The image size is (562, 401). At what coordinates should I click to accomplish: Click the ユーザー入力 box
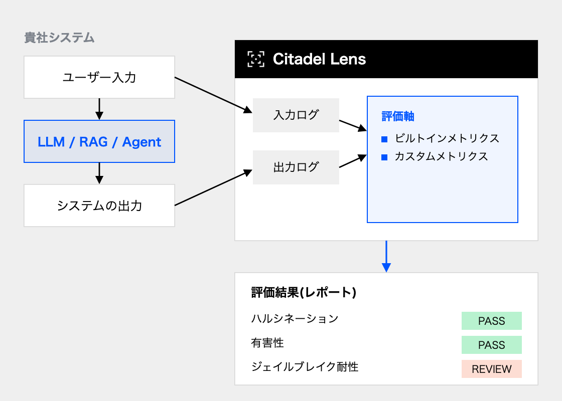tap(99, 77)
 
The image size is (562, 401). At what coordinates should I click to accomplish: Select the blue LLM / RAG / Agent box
tap(99, 141)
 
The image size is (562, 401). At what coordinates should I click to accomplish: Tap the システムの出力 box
tap(99, 206)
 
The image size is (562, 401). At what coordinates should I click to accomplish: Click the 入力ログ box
tap(296, 115)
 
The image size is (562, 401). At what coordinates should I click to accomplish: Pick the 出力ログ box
tap(296, 167)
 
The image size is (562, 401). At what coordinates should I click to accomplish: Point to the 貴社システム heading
tap(59, 38)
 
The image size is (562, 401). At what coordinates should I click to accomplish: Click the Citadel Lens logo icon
tap(256, 59)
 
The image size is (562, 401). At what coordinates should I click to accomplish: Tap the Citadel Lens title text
tap(319, 59)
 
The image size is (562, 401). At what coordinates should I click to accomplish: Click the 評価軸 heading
tap(398, 116)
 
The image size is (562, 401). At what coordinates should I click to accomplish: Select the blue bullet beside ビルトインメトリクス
tap(384, 139)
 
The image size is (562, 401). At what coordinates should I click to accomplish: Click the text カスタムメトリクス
tap(441, 156)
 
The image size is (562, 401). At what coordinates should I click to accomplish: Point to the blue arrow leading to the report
tap(386, 256)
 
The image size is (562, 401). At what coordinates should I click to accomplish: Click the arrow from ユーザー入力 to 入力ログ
tap(214, 95)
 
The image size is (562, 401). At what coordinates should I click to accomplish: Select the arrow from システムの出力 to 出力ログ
tap(214, 187)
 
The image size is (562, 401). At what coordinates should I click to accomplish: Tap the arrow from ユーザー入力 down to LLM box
tap(99, 109)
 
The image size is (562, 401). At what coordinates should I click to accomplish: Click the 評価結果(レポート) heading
tap(304, 293)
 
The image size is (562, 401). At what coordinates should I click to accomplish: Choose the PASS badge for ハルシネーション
tap(491, 321)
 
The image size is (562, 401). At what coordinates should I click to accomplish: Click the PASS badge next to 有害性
tap(491, 345)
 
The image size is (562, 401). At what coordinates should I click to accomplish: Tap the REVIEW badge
tap(491, 369)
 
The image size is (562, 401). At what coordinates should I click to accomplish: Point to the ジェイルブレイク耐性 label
tap(305, 366)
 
